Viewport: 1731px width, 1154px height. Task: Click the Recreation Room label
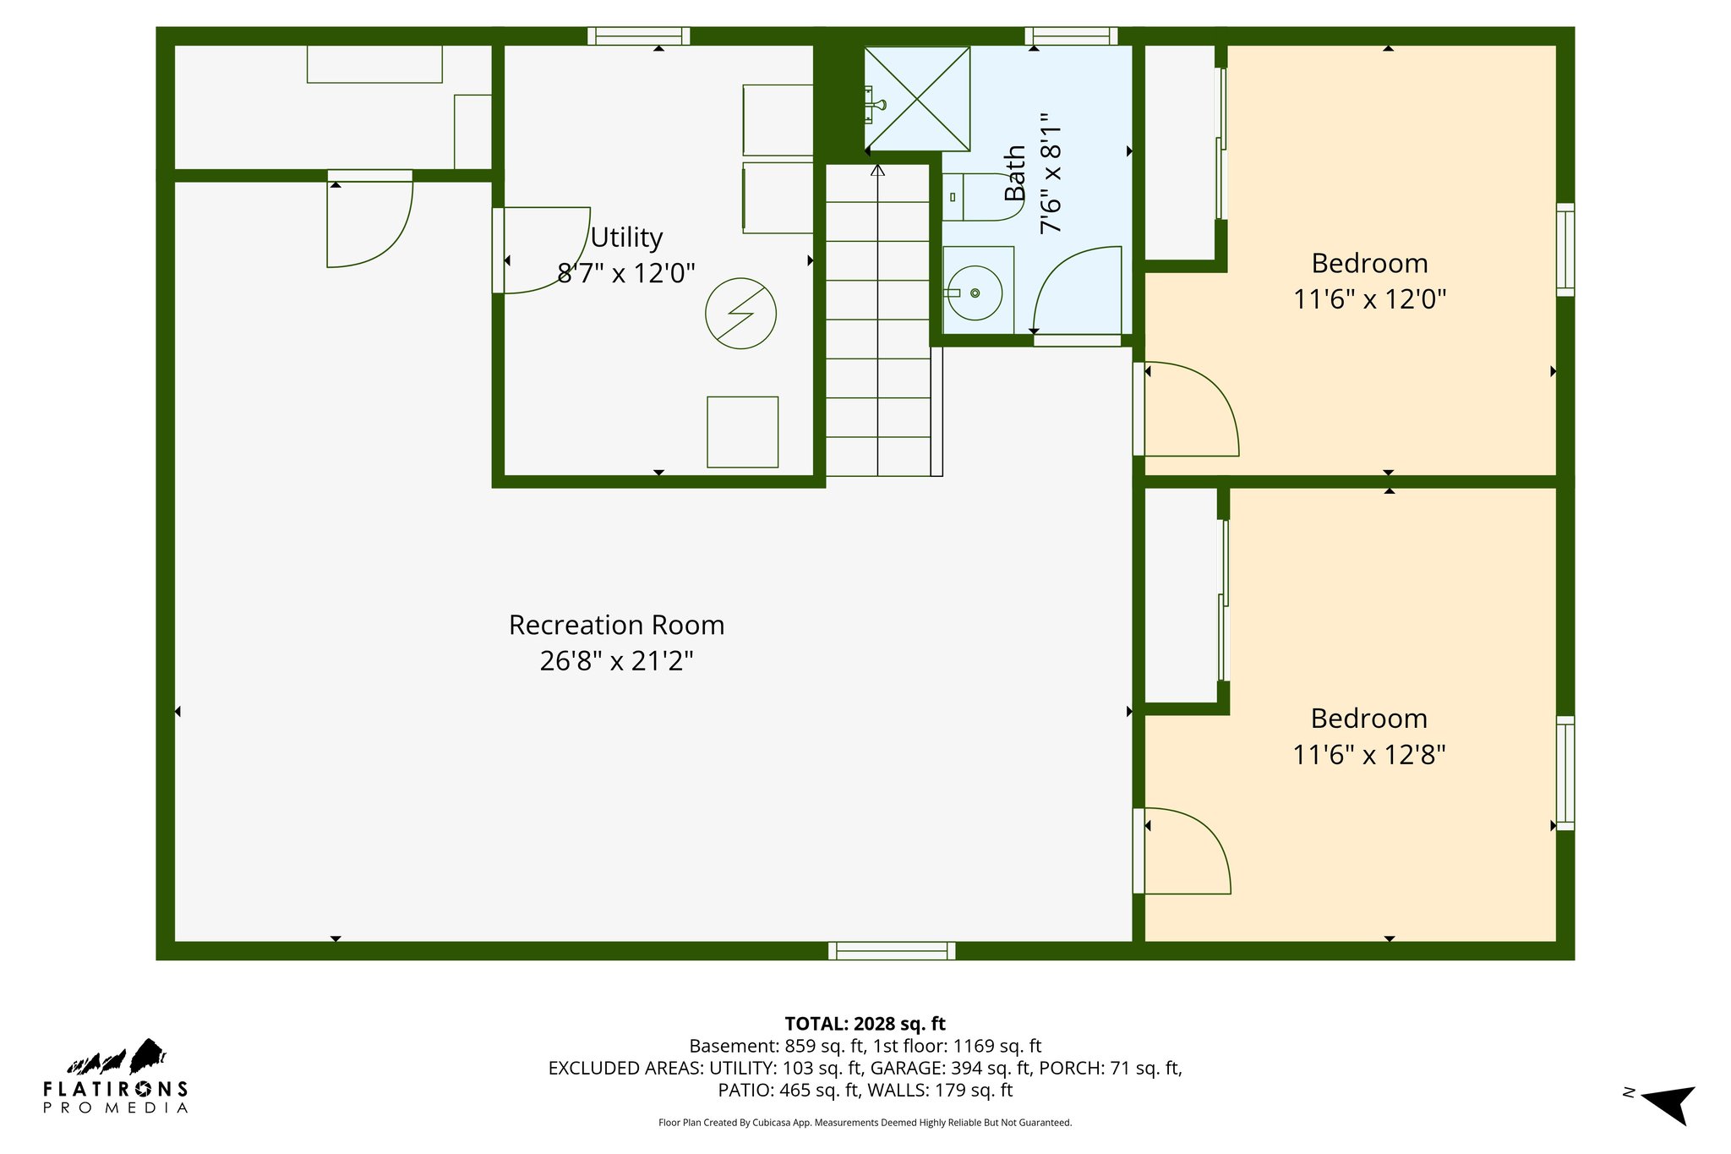616,625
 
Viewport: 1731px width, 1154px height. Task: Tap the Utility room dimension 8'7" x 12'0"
625,273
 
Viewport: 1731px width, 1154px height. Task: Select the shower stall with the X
916,99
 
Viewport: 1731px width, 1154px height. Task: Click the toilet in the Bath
981,197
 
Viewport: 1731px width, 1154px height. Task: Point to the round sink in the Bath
975,293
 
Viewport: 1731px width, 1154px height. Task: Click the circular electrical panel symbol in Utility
740,313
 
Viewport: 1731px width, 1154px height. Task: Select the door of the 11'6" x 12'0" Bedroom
1188,410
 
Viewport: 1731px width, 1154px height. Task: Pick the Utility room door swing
545,250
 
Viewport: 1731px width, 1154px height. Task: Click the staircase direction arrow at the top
877,171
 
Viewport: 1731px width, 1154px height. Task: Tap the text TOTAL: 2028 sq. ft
865,1024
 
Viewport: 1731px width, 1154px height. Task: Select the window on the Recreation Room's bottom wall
892,950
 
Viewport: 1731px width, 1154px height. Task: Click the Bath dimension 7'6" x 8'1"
1050,173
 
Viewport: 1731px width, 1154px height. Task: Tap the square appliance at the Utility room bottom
742,431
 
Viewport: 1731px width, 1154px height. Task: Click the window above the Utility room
638,36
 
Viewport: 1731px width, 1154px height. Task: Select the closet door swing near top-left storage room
369,222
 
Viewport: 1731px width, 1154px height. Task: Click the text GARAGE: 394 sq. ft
952,1068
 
